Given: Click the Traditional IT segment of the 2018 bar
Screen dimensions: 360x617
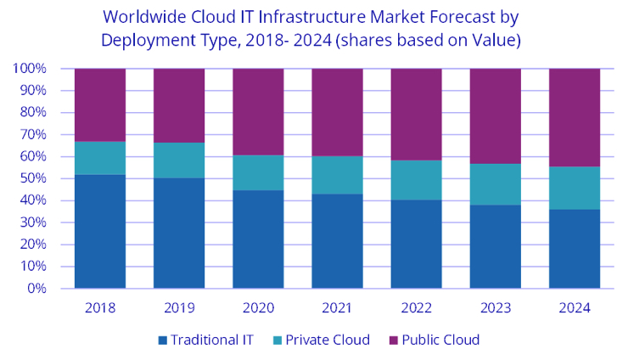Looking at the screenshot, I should [100, 231].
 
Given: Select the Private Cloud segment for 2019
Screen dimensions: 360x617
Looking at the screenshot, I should [179, 160].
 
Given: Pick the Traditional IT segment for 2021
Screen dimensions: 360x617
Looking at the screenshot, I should [337, 241].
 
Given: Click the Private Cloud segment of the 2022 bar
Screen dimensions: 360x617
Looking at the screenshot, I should [416, 180].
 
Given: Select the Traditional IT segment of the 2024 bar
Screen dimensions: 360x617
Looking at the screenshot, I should [575, 249].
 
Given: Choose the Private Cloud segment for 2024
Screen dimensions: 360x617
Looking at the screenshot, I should [575, 188].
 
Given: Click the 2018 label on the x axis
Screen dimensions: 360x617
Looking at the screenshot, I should [100, 307].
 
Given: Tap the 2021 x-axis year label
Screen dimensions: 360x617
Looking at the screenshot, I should [337, 307].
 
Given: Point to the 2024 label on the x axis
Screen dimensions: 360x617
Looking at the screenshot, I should [575, 307].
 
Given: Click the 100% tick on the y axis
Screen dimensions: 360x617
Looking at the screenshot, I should [30, 69].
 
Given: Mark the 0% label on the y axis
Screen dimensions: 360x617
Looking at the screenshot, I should [36, 289].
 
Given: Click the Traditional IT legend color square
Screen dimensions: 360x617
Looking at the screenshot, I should [162, 340].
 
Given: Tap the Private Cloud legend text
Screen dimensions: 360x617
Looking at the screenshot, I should [328, 340].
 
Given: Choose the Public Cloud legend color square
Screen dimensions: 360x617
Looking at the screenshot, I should [392, 340].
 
